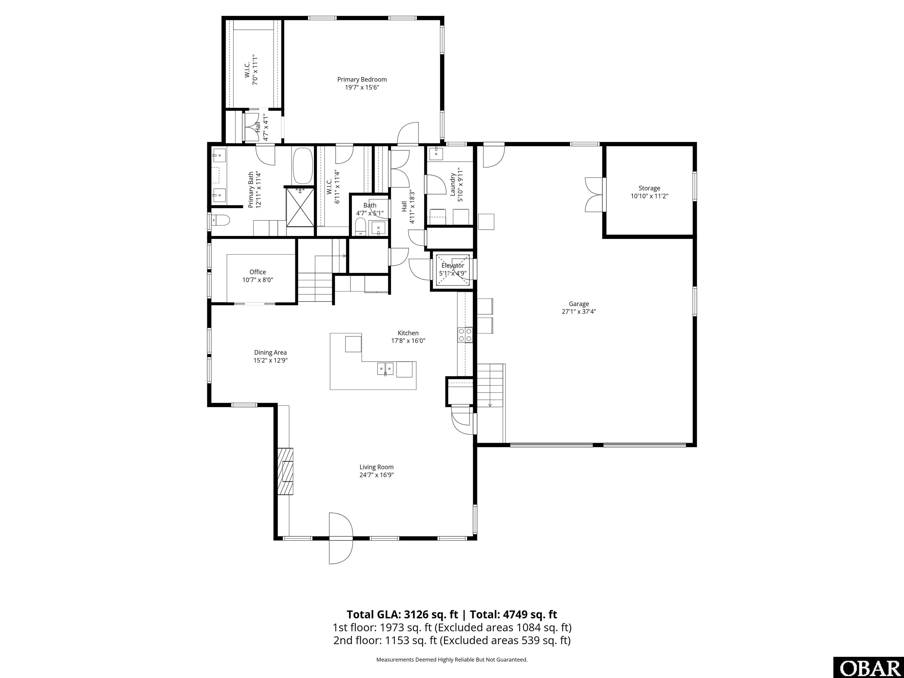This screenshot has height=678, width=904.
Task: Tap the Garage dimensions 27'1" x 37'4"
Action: pyautogui.click(x=579, y=311)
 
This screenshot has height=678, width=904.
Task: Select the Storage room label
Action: pyautogui.click(x=649, y=188)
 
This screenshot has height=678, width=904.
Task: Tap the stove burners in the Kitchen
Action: pyautogui.click(x=465, y=335)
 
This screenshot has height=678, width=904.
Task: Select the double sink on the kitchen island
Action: pyautogui.click(x=385, y=369)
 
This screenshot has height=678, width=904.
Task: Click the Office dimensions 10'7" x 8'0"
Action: pyautogui.click(x=257, y=280)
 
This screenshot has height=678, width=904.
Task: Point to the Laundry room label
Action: pyautogui.click(x=453, y=184)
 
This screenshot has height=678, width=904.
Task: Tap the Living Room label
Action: pyautogui.click(x=376, y=467)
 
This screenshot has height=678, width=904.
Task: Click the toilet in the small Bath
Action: pyautogui.click(x=360, y=226)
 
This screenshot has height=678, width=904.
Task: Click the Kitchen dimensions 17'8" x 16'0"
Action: pyautogui.click(x=408, y=341)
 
